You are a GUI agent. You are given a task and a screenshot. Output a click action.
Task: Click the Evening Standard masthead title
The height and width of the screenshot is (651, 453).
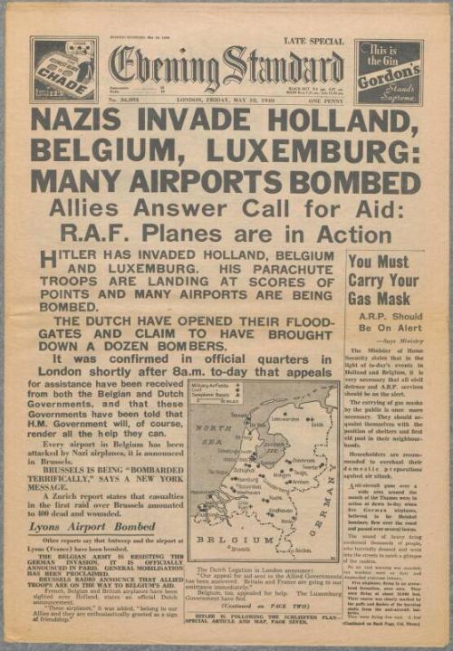tap(226, 69)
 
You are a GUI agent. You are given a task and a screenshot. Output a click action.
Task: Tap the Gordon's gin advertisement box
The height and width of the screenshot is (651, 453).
tap(387, 71)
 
